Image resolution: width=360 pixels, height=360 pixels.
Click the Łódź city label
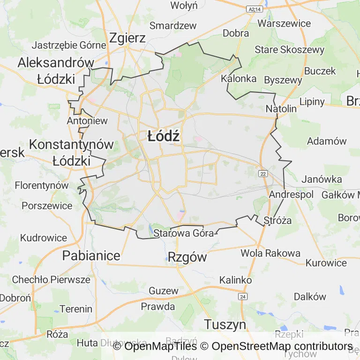(164, 136)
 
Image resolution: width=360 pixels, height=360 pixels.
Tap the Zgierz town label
(127, 38)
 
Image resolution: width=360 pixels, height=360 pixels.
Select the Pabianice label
(91, 256)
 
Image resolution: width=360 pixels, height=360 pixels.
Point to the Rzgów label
(187, 257)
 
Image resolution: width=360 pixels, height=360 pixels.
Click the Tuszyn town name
(225, 324)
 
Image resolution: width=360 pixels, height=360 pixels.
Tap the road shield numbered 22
(263, 173)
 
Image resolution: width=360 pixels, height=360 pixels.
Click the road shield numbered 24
(242, 297)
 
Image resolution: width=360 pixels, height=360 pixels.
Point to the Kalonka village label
(239, 78)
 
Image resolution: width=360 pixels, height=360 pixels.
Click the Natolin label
(281, 109)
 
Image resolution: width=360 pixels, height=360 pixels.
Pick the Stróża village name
(277, 220)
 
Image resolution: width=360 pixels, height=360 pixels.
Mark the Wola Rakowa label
(270, 253)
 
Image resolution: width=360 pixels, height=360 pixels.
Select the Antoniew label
(88, 120)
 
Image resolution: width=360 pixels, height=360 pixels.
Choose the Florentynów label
(42, 185)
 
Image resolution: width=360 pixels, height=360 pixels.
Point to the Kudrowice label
(44, 238)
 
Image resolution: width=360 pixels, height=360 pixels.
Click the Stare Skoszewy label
(289, 50)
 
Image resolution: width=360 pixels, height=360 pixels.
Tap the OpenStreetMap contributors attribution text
(282, 346)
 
